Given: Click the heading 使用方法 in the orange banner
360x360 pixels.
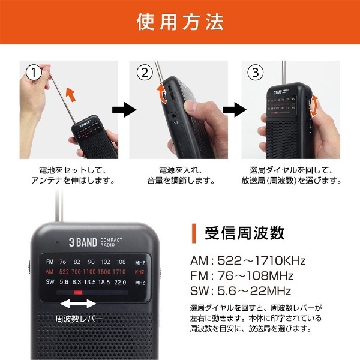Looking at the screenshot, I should click(180, 22).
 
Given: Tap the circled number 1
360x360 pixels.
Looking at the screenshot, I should click(35, 73).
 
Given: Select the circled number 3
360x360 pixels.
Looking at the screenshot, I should click(255, 73).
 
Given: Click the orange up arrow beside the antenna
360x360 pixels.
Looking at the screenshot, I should click(70, 94).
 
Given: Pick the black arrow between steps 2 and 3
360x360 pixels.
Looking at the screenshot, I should click(231, 110).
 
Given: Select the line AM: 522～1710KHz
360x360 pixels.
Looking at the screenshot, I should click(247, 261).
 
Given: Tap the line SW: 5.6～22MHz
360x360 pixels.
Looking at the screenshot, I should click(239, 291).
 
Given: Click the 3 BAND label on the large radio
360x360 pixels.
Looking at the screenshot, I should click(80, 242).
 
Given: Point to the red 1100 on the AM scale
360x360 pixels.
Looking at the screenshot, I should click(90, 272).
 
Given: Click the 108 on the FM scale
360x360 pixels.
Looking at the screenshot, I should click(121, 262).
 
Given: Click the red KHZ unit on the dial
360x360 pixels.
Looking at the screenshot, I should click(140, 272).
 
